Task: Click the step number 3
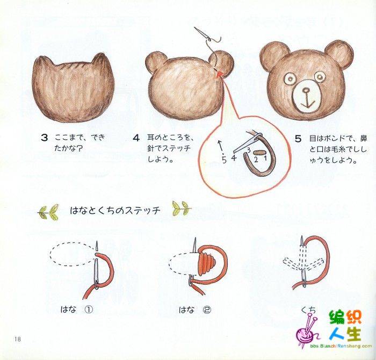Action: (45, 138)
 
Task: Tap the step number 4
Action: (136, 138)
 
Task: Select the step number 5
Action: (298, 139)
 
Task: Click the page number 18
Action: (18, 339)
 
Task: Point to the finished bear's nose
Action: (306, 90)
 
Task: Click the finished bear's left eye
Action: (291, 78)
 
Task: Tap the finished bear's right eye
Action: (320, 77)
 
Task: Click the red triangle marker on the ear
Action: (219, 74)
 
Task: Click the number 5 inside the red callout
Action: (224, 160)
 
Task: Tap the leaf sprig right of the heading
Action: (182, 208)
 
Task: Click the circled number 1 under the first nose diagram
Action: (89, 310)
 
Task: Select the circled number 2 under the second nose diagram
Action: (207, 310)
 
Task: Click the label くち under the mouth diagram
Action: (309, 311)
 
